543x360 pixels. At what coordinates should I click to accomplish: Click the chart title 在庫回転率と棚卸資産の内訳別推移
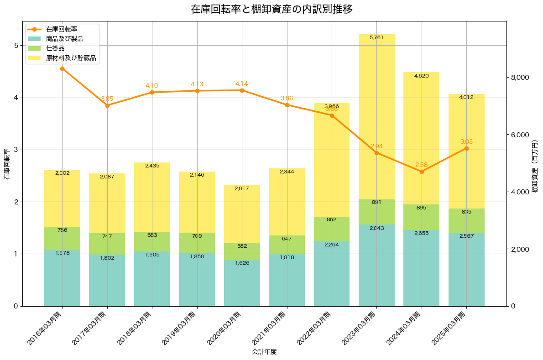[271, 9]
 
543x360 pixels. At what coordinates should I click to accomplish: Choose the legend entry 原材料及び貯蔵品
[71, 58]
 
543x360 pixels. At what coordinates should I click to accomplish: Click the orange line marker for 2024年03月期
[422, 172]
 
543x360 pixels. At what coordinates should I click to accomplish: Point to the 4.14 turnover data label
[242, 84]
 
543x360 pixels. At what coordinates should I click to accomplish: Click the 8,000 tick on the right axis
[519, 78]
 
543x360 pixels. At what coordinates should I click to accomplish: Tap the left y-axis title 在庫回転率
[7, 164]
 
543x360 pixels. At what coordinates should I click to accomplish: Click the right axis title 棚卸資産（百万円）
[535, 164]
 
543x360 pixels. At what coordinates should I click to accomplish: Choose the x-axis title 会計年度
[264, 352]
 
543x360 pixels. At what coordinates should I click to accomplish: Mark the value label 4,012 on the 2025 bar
[466, 97]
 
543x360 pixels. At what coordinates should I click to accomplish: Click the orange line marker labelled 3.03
[466, 148]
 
